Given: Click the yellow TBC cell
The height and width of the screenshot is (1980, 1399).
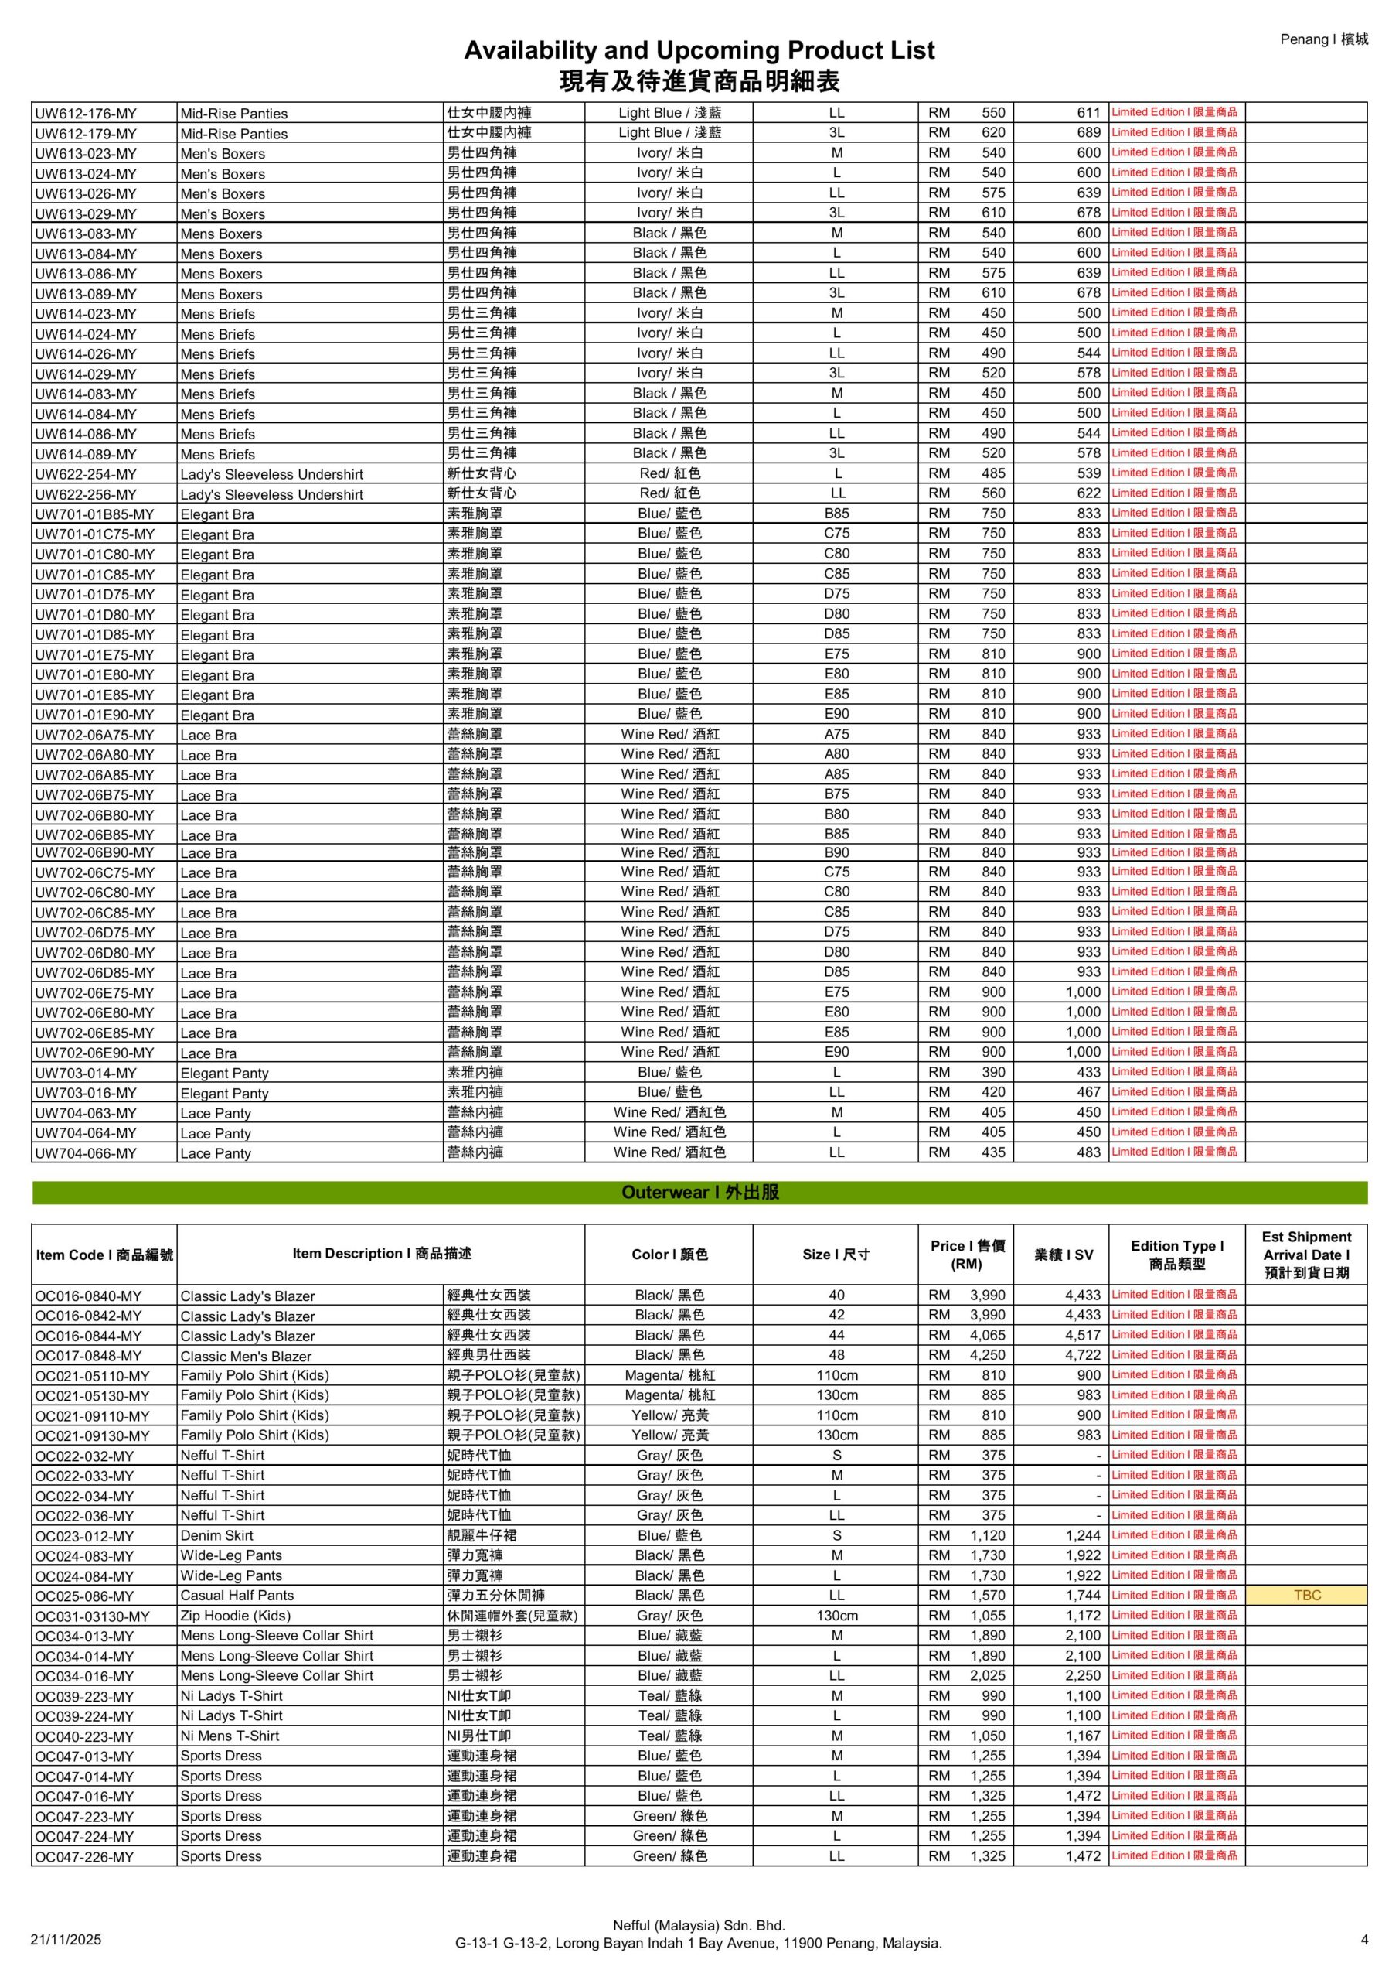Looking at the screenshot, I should tap(1306, 1596).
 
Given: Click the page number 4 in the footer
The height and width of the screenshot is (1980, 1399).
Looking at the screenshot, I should tap(1364, 1940).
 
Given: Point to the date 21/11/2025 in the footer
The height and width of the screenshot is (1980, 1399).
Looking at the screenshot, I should tap(66, 1940).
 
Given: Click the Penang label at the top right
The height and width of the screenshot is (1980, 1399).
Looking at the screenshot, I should tap(1323, 39).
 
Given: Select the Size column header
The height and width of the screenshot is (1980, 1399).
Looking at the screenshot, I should tap(836, 1254).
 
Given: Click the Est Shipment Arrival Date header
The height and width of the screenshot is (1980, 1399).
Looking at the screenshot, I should tap(1306, 1254).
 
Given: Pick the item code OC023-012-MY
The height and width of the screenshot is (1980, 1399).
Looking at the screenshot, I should tap(84, 1536).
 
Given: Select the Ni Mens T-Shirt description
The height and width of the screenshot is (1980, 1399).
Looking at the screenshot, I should tap(230, 1735).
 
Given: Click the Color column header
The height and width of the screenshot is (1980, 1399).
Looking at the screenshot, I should tap(669, 1254).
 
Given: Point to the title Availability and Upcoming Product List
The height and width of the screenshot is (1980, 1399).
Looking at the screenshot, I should tap(699, 50).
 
